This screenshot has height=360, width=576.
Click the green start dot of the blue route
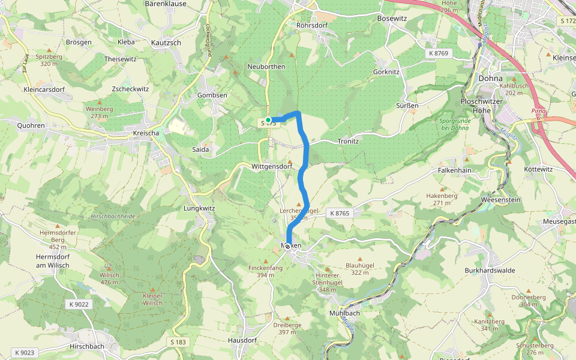[x=269, y=120]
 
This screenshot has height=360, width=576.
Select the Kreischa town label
[x=142, y=133]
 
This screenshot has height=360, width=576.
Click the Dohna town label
[x=490, y=78]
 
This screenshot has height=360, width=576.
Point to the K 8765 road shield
[x=339, y=213]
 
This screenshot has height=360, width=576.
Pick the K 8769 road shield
[x=439, y=53]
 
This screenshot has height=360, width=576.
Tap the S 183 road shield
[x=178, y=342]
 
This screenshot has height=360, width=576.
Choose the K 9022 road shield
[x=79, y=304]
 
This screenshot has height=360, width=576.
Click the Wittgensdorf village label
[x=272, y=166]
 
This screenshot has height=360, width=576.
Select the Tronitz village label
[x=347, y=141]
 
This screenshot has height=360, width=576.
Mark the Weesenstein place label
[x=500, y=199]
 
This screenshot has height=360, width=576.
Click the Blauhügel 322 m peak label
[x=360, y=268]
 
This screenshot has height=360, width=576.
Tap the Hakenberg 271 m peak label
[x=442, y=199]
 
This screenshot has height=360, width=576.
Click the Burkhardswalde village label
[x=490, y=271]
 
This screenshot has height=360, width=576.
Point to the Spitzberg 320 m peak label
[x=49, y=59]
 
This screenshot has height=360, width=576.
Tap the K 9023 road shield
[x=25, y=352]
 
